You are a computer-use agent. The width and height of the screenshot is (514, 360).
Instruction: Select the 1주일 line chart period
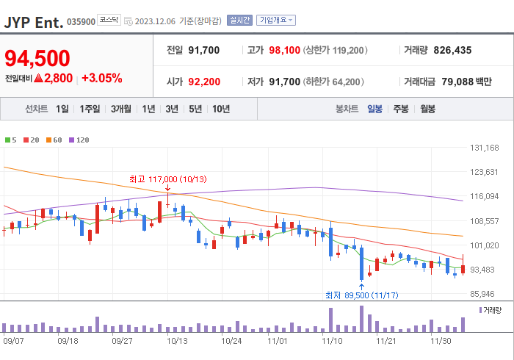(x=90, y=109)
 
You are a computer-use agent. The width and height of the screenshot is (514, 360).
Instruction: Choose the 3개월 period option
(x=121, y=109)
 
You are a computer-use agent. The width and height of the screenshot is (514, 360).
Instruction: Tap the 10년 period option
(x=220, y=109)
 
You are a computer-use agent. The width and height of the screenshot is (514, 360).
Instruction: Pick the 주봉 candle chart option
(x=400, y=109)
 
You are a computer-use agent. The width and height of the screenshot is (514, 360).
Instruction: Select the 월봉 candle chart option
(x=427, y=109)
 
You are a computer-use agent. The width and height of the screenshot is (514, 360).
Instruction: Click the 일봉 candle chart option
(x=374, y=109)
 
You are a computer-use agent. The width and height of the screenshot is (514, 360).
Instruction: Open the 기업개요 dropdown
(x=275, y=21)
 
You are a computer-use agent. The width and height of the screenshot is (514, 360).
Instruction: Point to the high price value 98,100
(x=285, y=50)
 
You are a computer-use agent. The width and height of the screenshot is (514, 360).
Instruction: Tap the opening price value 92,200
(x=204, y=82)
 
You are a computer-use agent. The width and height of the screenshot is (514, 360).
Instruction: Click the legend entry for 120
(x=79, y=140)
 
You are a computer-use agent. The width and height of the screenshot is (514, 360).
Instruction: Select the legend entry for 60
(x=55, y=140)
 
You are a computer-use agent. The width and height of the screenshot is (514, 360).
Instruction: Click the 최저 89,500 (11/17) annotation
(x=361, y=295)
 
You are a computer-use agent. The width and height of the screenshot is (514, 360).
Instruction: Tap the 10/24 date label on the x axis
(x=231, y=341)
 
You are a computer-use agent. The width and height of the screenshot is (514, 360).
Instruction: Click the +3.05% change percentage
(x=101, y=78)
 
